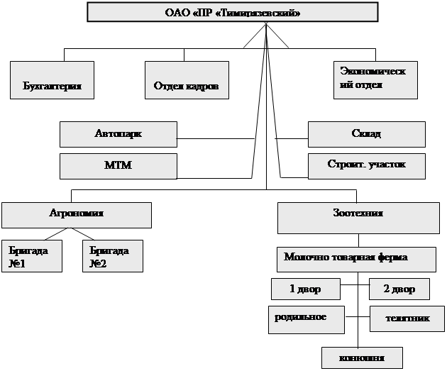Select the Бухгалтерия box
pos(53,79)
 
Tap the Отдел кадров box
pos(187,79)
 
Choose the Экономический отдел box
pos(375,79)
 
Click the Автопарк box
pos(118,133)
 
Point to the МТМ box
pos(118,166)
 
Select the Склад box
pos(366,133)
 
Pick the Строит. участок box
pos(366,166)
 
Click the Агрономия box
pos(76,214)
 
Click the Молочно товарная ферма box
pos(356,259)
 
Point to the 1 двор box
pos(306,289)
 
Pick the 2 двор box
pos(400,289)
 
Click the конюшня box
pos(362,357)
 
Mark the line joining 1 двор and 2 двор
pos(355,289)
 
